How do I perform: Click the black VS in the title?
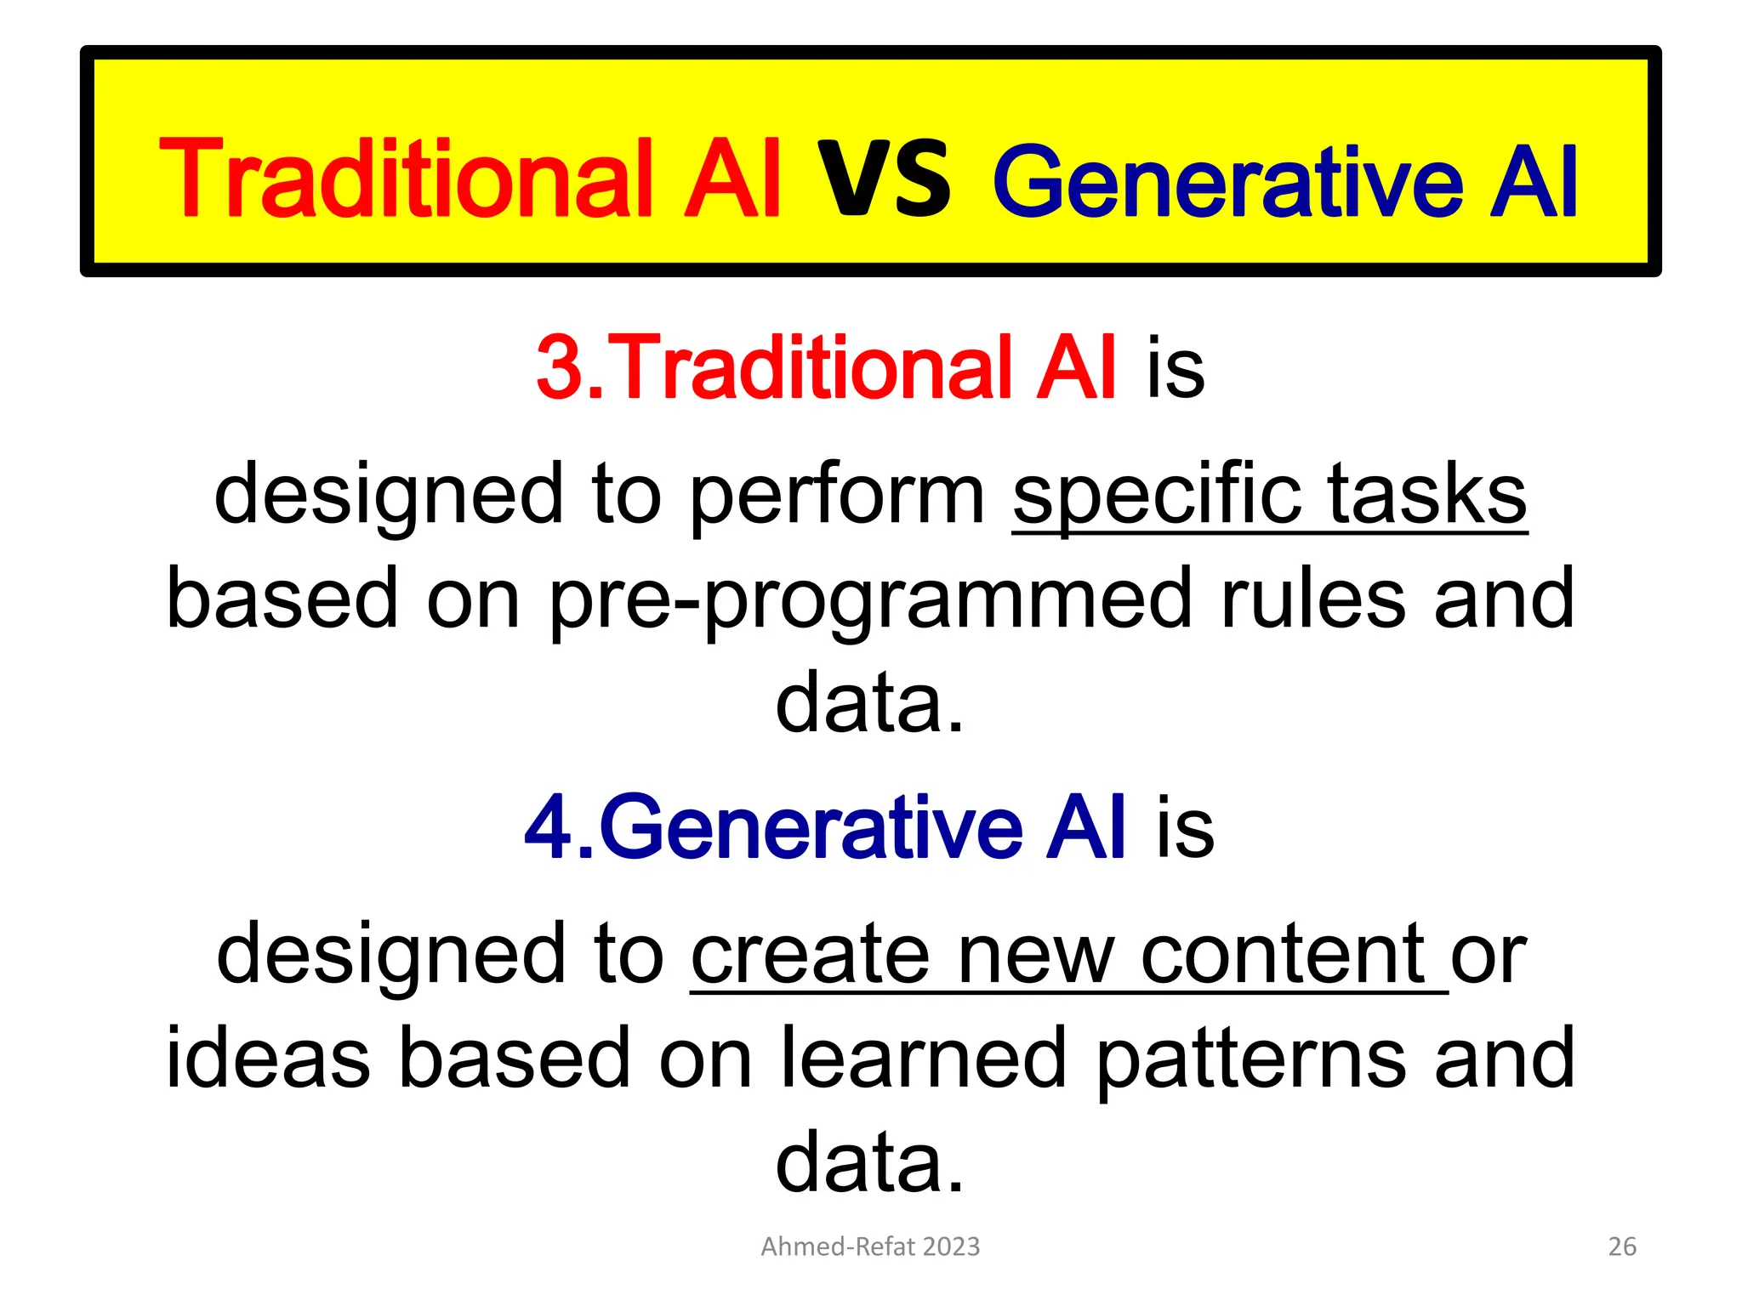tap(884, 179)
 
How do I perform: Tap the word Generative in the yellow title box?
tap(1227, 181)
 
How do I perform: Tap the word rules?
tap(1313, 599)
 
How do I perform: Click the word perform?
tap(836, 497)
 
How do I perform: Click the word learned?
tap(923, 1059)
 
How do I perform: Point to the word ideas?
tap(268, 1059)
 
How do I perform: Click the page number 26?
tap(1622, 1246)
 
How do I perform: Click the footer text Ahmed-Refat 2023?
tap(870, 1246)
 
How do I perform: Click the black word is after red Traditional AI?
tap(1176, 367)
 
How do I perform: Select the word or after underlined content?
tap(1489, 957)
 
